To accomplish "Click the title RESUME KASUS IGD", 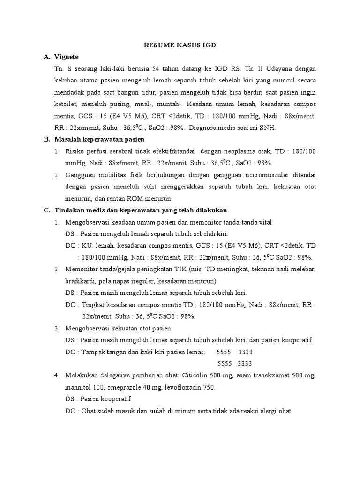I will [x=180, y=45].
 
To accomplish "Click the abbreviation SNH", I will [x=270, y=127].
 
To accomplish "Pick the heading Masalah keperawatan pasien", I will [x=100, y=139].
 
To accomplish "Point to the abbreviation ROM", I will [x=141, y=198].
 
